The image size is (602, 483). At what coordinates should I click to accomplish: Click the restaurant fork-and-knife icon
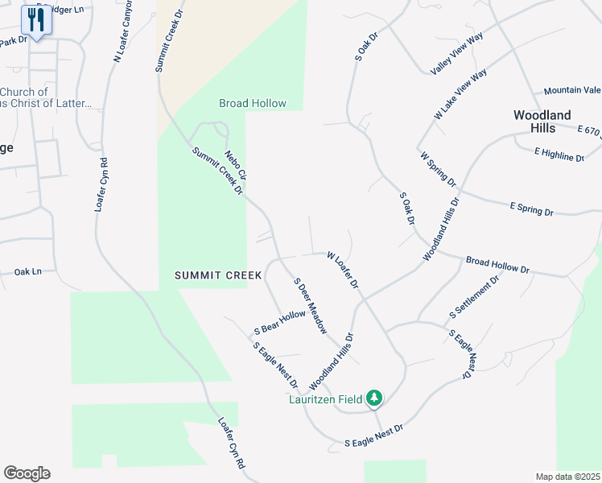[36, 19]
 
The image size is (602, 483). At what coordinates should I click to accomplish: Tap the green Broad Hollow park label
[253, 104]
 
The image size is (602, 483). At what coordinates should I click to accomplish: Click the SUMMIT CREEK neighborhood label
[219, 275]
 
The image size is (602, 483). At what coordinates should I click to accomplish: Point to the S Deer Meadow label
[310, 307]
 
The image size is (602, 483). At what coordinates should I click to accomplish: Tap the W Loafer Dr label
[342, 271]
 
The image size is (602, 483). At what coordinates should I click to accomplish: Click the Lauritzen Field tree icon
[374, 398]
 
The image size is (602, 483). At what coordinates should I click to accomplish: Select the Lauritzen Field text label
[326, 398]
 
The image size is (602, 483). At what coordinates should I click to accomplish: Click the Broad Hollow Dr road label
[498, 265]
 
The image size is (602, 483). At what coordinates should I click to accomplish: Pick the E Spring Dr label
[531, 208]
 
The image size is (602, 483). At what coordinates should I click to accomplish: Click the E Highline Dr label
[559, 154]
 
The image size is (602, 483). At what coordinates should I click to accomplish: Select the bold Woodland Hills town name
[542, 122]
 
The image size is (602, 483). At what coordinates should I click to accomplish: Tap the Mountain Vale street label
[572, 90]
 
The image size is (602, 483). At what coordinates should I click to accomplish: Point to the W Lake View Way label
[460, 95]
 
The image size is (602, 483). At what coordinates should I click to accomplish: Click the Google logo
[27, 473]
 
